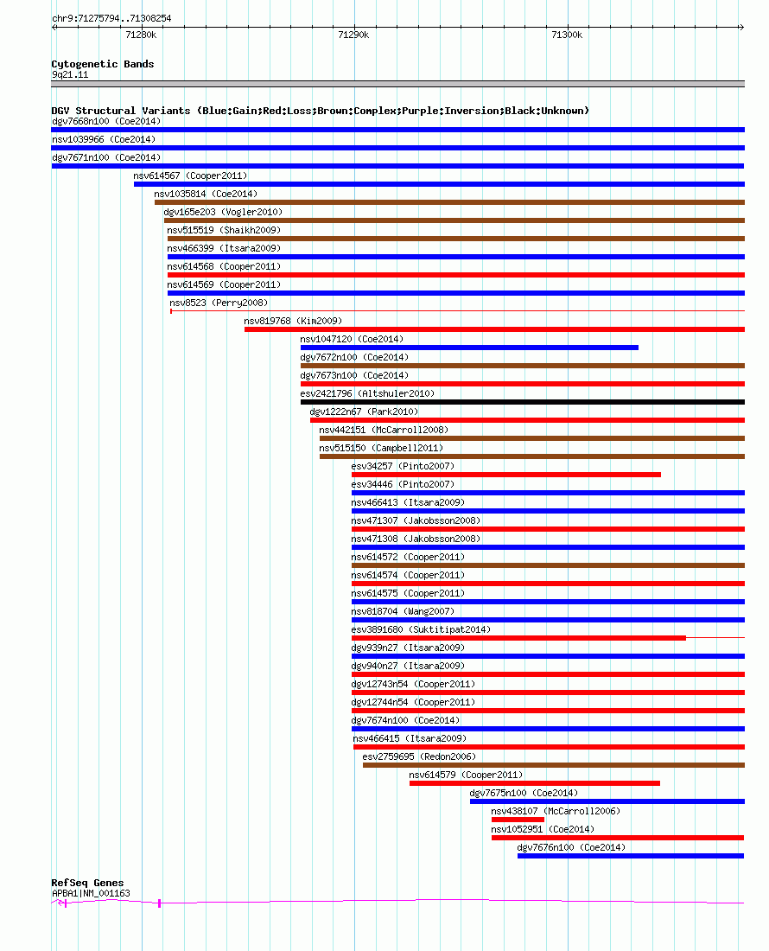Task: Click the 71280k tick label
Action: pos(141,35)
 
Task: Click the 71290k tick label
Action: pos(354,35)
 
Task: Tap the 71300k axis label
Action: pos(567,35)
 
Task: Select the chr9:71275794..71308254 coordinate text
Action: pos(111,18)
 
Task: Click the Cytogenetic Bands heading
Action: pos(103,64)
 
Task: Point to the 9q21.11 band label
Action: pos(70,74)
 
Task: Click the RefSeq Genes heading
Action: pos(87,883)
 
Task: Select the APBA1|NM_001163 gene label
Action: pos(91,893)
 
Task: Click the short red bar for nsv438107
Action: pos(518,820)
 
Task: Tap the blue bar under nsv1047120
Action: pos(469,348)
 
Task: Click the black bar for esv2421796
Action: pos(523,402)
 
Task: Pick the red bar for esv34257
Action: pos(506,475)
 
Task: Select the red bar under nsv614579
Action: pos(535,783)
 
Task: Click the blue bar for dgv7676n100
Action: pos(631,856)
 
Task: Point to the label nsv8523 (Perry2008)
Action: pos(219,303)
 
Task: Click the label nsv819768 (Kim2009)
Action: pos(293,321)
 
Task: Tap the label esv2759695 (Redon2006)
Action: pos(419,756)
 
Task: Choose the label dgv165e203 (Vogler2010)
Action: pos(223,212)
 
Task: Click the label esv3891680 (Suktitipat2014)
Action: pos(421,629)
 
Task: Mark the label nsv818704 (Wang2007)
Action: pos(403,611)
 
